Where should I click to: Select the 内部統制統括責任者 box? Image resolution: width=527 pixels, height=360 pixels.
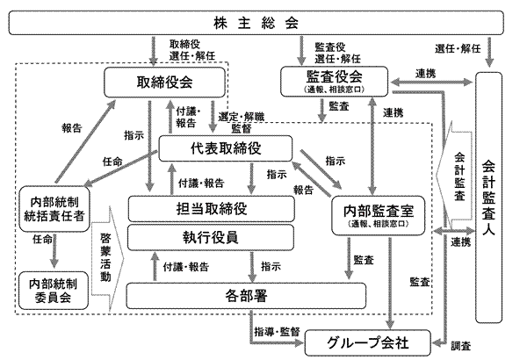(55, 209)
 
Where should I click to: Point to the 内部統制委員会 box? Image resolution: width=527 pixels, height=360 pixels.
(54, 290)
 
